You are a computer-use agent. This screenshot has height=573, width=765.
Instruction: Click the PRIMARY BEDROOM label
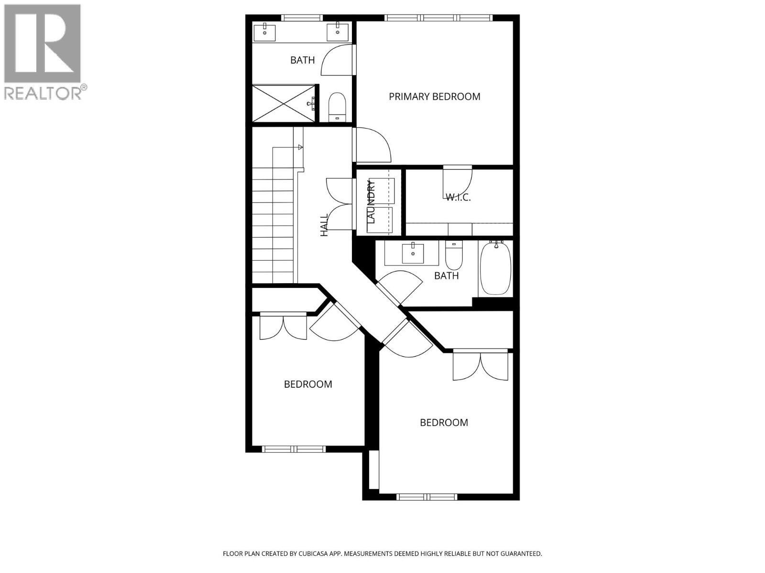pyautogui.click(x=434, y=96)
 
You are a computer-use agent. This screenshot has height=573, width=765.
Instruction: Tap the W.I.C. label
pyautogui.click(x=458, y=197)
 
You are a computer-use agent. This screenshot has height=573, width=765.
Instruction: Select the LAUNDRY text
pyautogui.click(x=372, y=202)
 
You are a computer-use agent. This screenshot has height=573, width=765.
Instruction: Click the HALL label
pyautogui.click(x=325, y=225)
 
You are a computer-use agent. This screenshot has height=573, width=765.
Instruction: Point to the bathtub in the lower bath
pyautogui.click(x=495, y=268)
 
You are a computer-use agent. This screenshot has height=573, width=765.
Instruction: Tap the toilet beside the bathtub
pyautogui.click(x=454, y=256)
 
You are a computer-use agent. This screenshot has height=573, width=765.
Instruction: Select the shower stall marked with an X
pyautogui.click(x=284, y=103)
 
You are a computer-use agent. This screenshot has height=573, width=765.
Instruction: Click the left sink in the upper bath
pyautogui.click(x=264, y=33)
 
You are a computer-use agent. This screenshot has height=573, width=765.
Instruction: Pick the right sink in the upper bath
pyautogui.click(x=338, y=32)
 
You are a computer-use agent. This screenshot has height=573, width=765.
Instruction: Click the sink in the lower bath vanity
pyautogui.click(x=413, y=253)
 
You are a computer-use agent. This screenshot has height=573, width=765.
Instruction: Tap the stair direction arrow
pyautogui.click(x=300, y=147)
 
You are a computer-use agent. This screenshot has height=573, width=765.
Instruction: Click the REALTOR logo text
pyautogui.click(x=43, y=93)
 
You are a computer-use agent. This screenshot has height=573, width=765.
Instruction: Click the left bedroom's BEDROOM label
pyautogui.click(x=308, y=384)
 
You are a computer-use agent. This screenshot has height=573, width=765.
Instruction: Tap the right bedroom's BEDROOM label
pyautogui.click(x=444, y=423)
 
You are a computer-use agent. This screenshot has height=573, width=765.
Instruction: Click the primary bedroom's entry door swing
pyautogui.click(x=373, y=146)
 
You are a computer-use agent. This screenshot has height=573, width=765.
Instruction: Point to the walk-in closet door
pyautogui.click(x=457, y=179)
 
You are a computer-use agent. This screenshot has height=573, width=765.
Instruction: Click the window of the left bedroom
pyautogui.click(x=294, y=449)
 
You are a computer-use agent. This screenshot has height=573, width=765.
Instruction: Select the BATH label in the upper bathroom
pyautogui.click(x=303, y=60)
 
